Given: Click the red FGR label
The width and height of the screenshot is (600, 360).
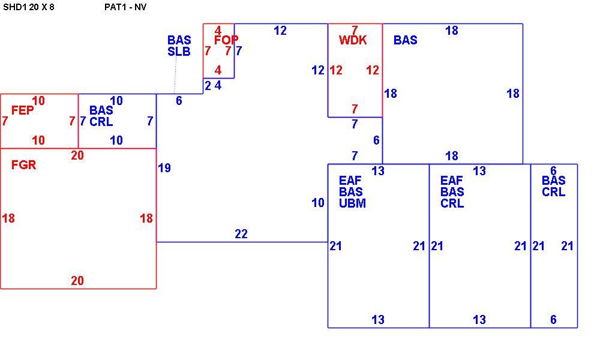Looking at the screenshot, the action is [24, 165].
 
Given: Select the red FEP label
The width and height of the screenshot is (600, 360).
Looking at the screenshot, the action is [23, 110].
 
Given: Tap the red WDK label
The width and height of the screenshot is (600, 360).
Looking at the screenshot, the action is [353, 40].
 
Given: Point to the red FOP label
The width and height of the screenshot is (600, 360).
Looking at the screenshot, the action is [226, 40].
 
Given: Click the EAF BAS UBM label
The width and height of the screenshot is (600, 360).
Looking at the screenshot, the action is [352, 191].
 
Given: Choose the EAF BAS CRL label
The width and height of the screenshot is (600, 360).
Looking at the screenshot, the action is [452, 191].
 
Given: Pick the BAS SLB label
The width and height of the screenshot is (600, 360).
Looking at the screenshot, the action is [179, 46].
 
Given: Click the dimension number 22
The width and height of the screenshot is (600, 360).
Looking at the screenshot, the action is [241, 234].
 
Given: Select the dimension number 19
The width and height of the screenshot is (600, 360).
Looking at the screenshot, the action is [164, 168].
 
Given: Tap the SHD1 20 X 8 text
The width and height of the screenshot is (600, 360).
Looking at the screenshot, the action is [29, 7].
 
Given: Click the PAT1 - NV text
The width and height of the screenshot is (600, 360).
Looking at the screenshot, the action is [125, 7].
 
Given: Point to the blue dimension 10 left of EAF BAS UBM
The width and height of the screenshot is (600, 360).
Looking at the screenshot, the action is [318, 203].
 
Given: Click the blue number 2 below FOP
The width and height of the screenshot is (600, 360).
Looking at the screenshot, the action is [208, 86].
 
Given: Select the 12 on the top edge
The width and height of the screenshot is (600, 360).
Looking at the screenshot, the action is [280, 31].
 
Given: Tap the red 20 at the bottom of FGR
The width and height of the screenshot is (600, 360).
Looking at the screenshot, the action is [77, 281].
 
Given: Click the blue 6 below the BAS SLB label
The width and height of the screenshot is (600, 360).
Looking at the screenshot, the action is [179, 101].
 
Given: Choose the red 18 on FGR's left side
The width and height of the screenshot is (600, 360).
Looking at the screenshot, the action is [8, 218].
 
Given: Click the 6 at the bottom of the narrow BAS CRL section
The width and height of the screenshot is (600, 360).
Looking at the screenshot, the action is [553, 319].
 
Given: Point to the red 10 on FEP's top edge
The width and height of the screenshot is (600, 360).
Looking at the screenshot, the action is [38, 101].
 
